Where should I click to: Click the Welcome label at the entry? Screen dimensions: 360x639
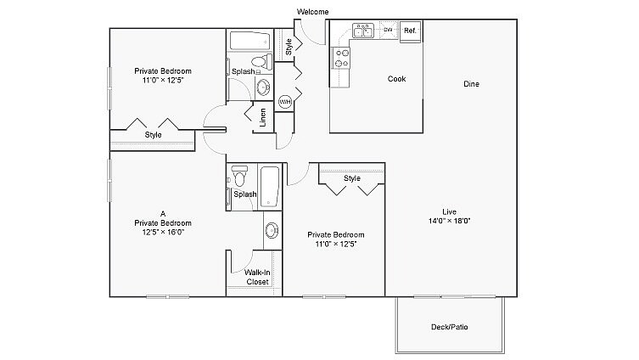[x=312, y=11]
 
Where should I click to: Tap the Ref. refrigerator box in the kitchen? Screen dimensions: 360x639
[x=410, y=31]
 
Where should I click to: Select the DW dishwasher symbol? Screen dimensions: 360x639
[x=388, y=31]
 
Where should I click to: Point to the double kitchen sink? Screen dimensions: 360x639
[x=364, y=31]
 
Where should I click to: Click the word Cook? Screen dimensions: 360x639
[x=396, y=79]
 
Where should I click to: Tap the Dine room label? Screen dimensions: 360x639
[x=473, y=84]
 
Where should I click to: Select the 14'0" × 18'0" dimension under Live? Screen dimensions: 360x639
[x=449, y=221]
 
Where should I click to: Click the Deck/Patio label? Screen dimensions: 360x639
[x=450, y=326]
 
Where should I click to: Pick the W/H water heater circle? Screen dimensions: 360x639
[x=285, y=101]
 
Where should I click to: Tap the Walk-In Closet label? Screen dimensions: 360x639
[x=257, y=277]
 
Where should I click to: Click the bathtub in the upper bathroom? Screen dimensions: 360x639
[x=249, y=40]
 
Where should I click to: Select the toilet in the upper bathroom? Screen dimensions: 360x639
[x=265, y=61]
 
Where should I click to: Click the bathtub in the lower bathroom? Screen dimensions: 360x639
[x=270, y=187]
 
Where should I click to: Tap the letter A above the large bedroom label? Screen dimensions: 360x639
[x=161, y=213]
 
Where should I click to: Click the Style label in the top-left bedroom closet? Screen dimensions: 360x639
[x=153, y=135]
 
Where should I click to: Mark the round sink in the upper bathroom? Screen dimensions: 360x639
[x=262, y=87]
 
